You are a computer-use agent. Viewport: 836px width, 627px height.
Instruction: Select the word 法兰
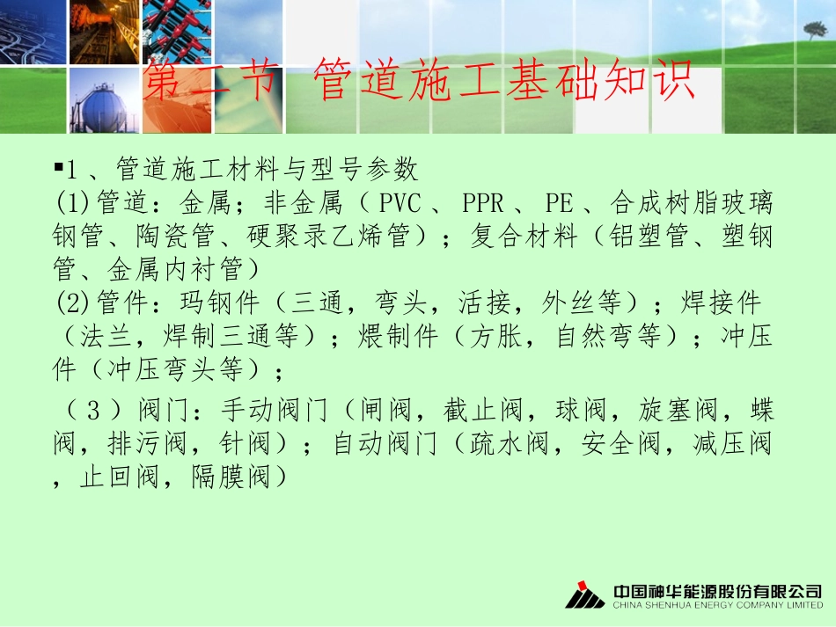106,337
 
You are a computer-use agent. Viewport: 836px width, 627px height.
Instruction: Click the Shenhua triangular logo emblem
584,595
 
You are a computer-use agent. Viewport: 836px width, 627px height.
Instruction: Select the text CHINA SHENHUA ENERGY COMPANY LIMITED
717,606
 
